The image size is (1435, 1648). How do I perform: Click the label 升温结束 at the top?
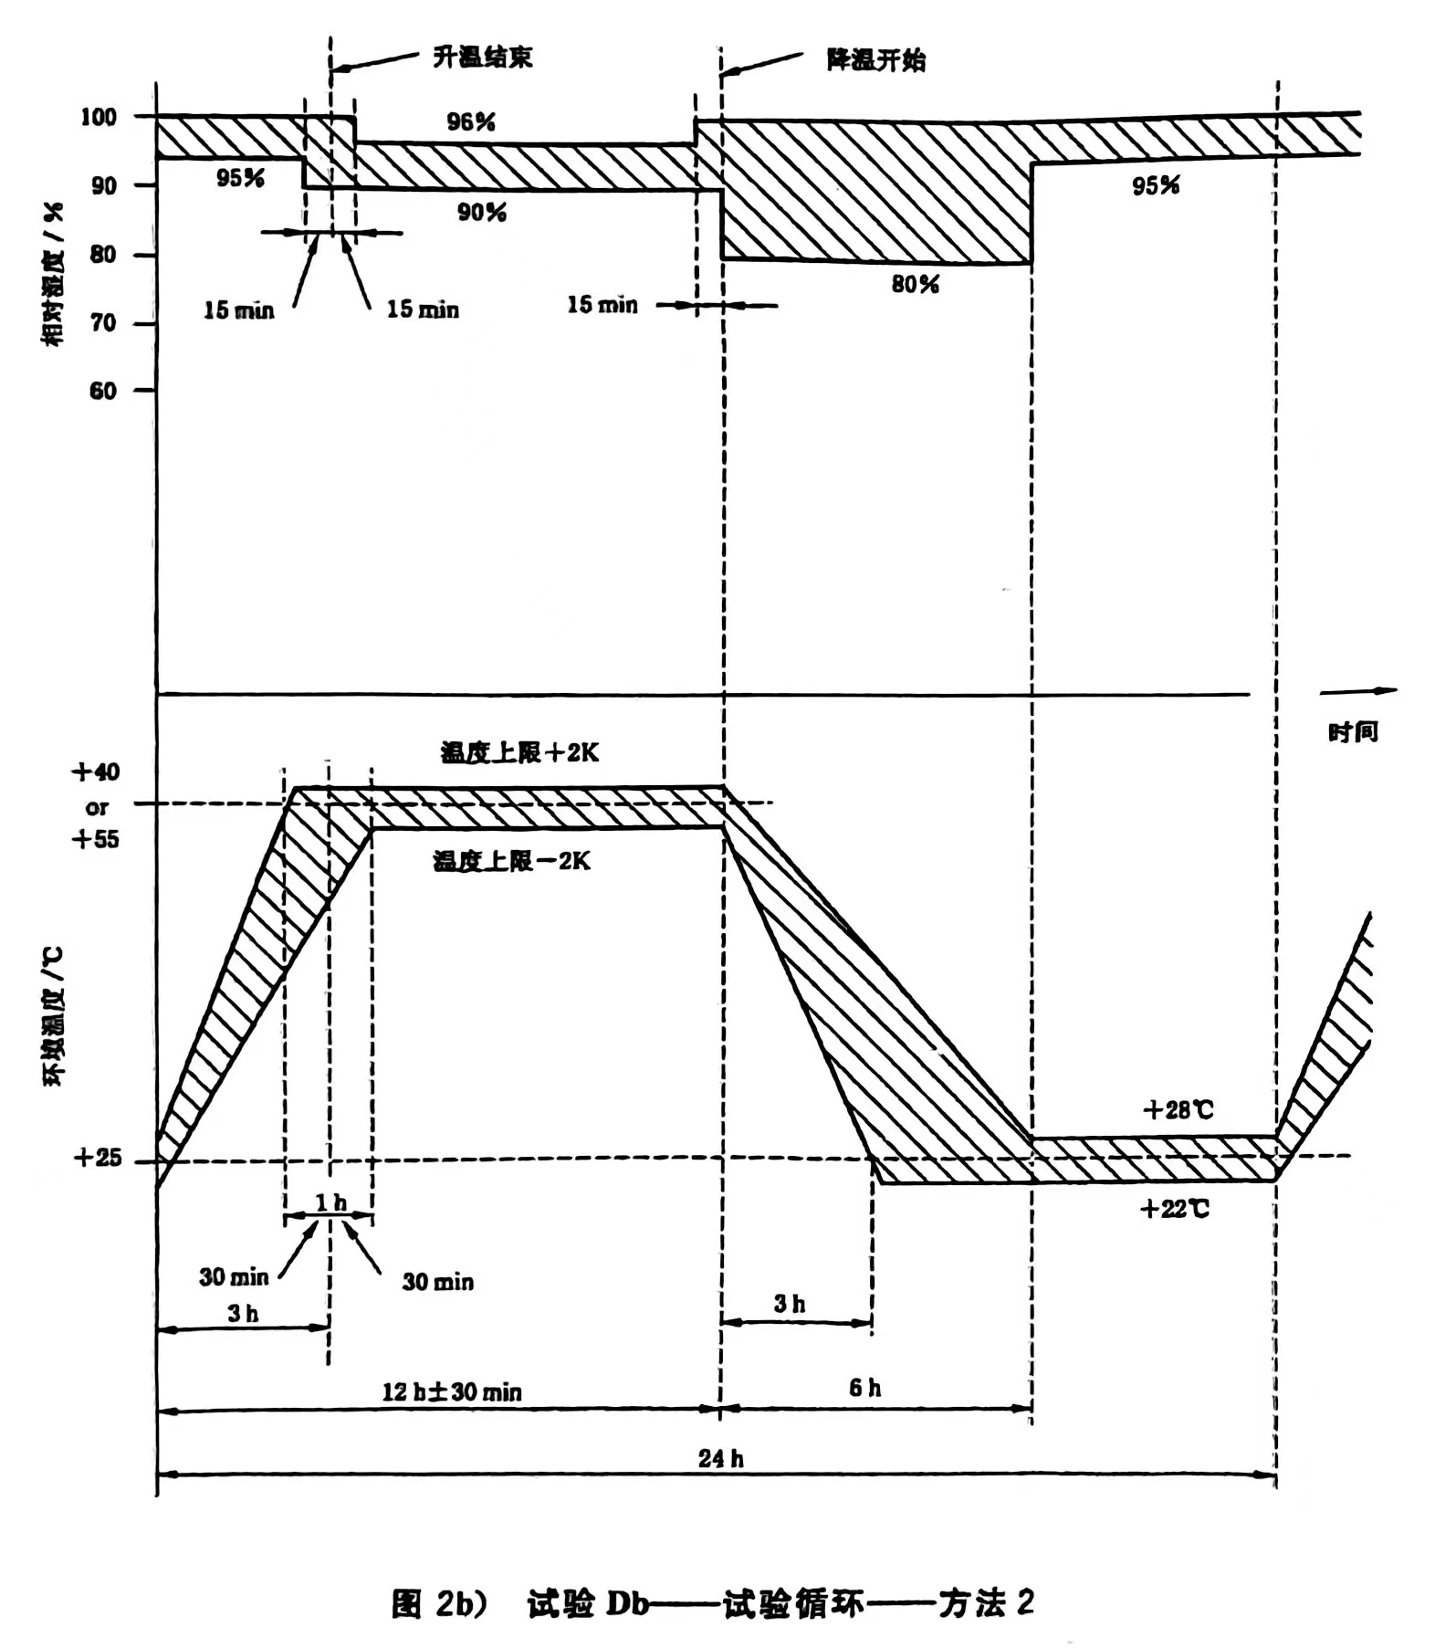(483, 57)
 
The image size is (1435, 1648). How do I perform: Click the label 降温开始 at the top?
(875, 60)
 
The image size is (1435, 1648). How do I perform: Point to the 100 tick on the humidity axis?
(100, 117)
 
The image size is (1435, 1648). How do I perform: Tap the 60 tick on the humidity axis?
(103, 391)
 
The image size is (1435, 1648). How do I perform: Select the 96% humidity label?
(471, 121)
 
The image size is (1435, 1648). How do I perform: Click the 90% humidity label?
(482, 213)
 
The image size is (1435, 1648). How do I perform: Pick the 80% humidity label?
(916, 284)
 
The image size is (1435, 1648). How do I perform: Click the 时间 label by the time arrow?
(1353, 731)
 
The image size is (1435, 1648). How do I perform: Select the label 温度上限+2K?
(519, 753)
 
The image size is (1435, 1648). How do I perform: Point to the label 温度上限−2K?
(511, 861)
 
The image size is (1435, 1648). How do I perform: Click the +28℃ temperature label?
(1178, 1110)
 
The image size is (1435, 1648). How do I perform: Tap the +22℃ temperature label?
(1175, 1209)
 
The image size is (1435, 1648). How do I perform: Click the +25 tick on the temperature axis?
(97, 1158)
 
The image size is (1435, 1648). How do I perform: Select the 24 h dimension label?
(720, 1458)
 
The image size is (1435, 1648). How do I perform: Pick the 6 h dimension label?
(864, 1388)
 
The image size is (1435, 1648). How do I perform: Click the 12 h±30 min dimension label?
(452, 1391)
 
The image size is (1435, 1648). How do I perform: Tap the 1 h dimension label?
(330, 1202)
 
